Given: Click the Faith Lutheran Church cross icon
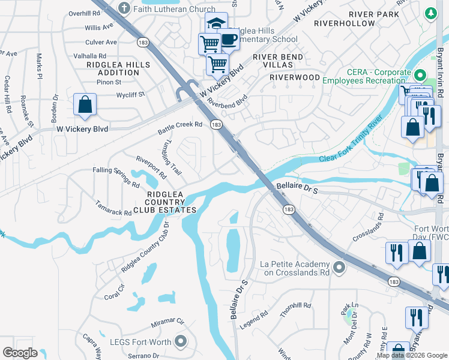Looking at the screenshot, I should click(124, 9).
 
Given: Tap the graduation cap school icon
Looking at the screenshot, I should click(215, 23).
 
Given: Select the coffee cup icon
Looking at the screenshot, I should click(229, 40).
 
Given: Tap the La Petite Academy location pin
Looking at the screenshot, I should click(339, 267).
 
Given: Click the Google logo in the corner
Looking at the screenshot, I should click(20, 353).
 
